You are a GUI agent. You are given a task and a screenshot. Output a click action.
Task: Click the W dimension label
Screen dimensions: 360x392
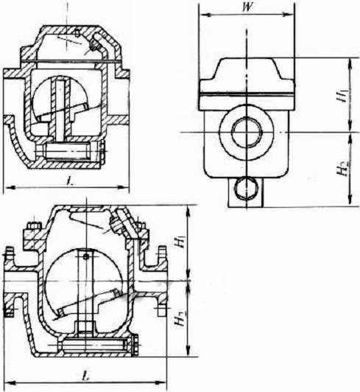(248, 7)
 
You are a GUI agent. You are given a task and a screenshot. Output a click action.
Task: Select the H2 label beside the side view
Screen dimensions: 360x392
(342, 168)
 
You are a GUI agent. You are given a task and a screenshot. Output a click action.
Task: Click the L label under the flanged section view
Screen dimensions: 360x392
(86, 377)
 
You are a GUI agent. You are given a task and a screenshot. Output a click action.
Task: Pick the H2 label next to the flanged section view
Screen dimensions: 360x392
(180, 318)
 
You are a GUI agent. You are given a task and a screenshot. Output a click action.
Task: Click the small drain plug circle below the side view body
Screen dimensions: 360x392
(246, 188)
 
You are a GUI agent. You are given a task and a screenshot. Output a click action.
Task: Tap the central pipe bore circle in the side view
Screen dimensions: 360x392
(247, 132)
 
